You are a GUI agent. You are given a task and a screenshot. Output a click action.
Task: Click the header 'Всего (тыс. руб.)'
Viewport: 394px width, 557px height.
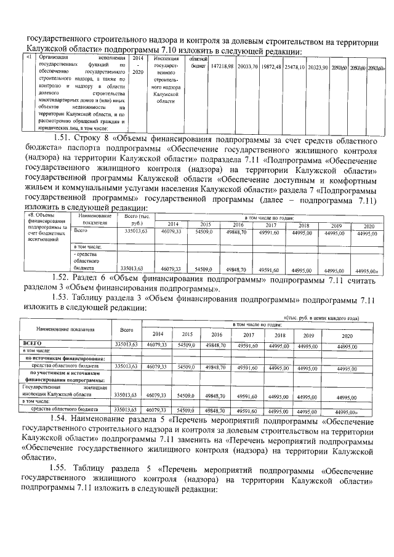coord(137,218)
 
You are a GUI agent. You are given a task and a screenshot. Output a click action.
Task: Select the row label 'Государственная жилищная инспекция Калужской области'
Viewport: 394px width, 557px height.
coord(65,391)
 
